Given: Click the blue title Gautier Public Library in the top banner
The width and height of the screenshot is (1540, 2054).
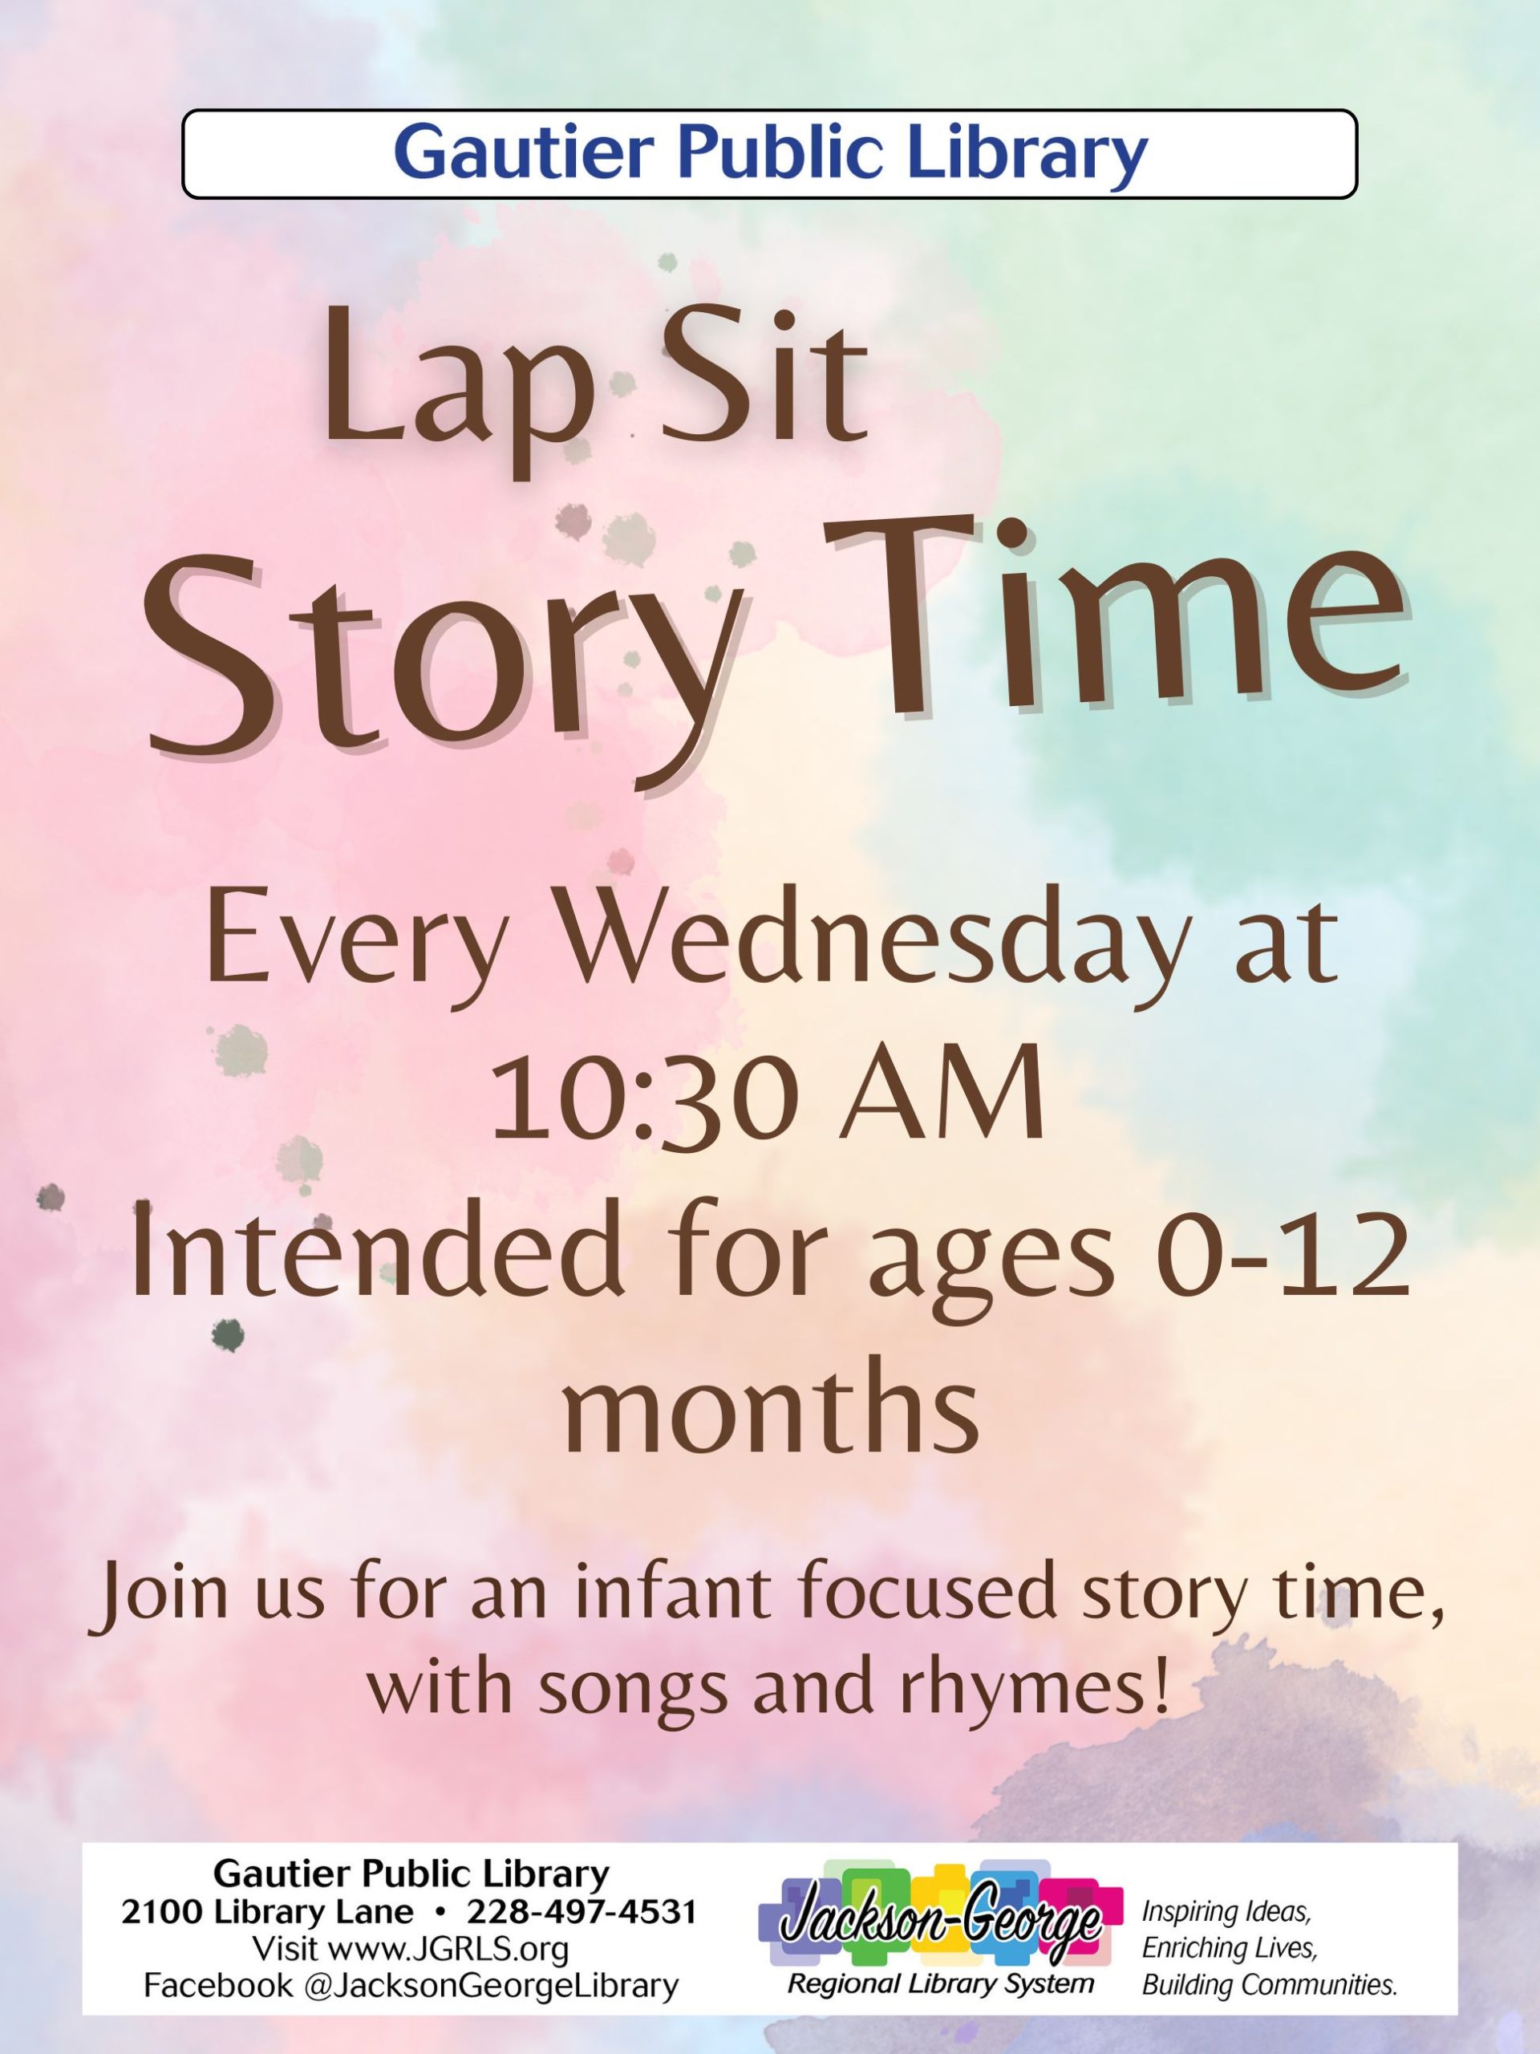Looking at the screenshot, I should coord(769,153).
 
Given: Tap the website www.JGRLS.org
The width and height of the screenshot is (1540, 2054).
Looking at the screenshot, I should coord(448,1948).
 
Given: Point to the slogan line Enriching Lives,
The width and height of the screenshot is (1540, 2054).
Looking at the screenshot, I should coord(1229,1947).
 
